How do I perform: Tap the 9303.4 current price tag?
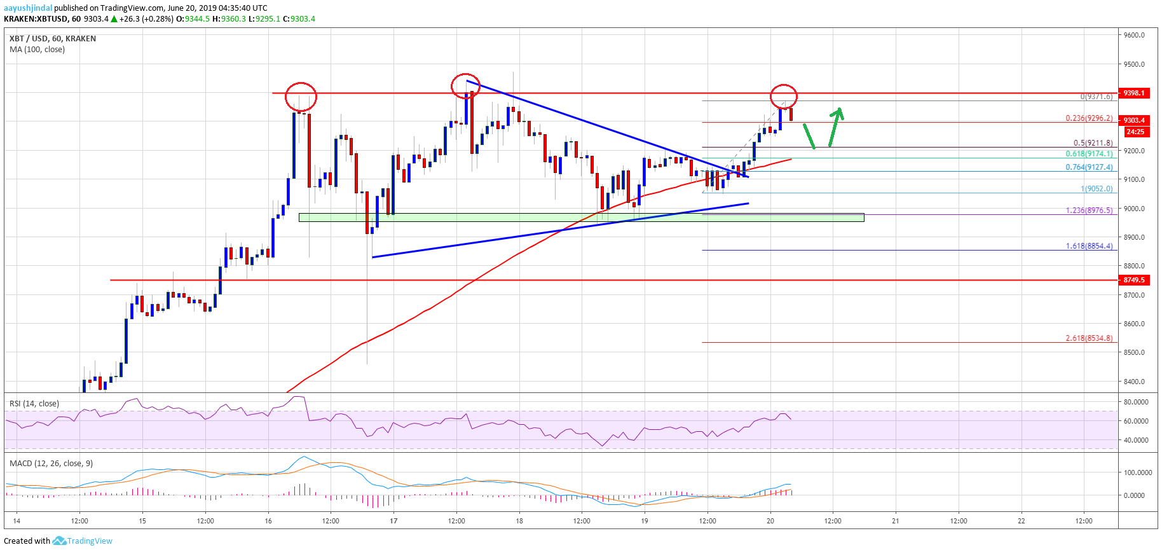click(1134, 120)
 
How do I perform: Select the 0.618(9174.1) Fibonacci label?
click(1089, 154)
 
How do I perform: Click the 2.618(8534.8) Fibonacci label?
click(1089, 338)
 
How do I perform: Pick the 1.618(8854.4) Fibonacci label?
click(1089, 246)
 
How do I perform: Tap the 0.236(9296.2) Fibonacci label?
click(1089, 118)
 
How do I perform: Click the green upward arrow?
click(835, 126)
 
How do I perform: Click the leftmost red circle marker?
click(301, 96)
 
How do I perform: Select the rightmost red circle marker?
click(783, 96)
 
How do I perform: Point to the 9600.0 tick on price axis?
click(1134, 35)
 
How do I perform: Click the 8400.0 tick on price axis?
click(1134, 382)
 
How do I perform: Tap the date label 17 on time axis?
click(393, 521)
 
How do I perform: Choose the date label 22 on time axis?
click(1021, 521)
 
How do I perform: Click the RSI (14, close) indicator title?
click(34, 404)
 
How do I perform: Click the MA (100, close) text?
click(37, 50)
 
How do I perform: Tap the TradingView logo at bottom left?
click(83, 541)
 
